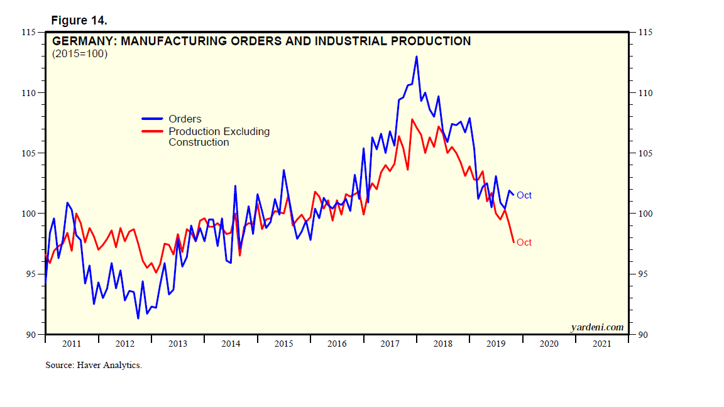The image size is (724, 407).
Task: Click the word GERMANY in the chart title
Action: pyautogui.click(x=82, y=41)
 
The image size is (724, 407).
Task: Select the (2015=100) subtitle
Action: pyautogui.click(x=80, y=54)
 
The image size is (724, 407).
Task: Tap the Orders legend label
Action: pyautogui.click(x=185, y=119)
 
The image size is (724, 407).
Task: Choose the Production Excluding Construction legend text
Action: pyautogui.click(x=219, y=137)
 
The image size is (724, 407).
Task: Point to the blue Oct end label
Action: pyautogui.click(x=524, y=195)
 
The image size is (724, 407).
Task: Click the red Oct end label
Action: pyautogui.click(x=524, y=242)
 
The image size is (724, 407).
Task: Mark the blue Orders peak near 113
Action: pyautogui.click(x=416, y=57)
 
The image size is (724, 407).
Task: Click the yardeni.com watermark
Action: pyautogui.click(x=596, y=327)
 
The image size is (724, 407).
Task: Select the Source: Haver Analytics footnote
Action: pyautogui.click(x=94, y=365)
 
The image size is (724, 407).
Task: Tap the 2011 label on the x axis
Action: pyautogui.click(x=72, y=344)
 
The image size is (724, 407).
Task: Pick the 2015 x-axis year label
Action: pyautogui.click(x=284, y=344)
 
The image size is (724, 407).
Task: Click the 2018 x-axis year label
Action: pyautogui.click(x=443, y=344)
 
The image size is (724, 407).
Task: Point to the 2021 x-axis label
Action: pyautogui.click(x=602, y=344)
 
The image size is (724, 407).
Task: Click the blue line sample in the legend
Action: pyautogui.click(x=152, y=119)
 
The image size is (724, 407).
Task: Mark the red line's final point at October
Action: pyautogui.click(x=513, y=242)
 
